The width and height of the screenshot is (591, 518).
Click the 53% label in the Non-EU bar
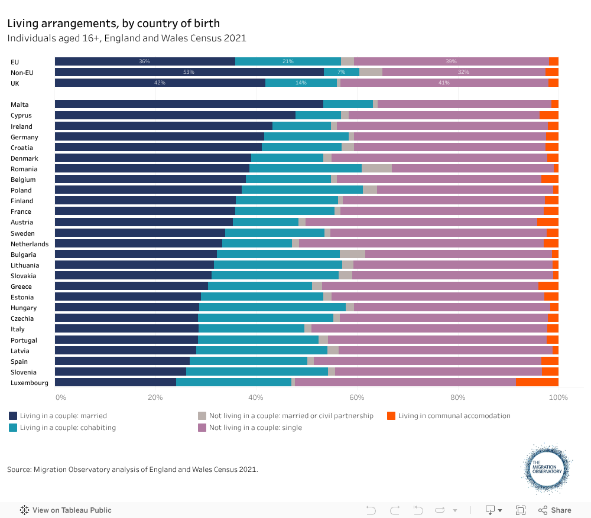189,72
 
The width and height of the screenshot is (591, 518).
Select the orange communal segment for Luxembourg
537,382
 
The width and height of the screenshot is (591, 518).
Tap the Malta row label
20,105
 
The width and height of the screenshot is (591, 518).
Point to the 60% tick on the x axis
356,398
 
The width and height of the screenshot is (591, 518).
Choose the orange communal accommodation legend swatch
391,416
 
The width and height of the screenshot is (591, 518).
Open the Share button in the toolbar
554,510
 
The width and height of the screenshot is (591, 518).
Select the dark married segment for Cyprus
175,115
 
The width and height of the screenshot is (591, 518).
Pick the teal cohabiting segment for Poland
302,190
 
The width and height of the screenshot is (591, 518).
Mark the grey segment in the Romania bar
376,168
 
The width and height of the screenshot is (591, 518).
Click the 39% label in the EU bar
451,61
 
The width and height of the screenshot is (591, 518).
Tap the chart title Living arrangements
113,24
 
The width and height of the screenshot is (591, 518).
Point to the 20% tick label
155,398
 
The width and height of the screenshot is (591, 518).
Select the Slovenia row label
24,372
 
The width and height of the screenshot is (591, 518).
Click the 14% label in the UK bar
301,83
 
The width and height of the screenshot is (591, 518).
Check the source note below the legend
132,470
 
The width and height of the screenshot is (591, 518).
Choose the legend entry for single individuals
255,428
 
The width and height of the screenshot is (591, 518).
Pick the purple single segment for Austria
421,221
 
